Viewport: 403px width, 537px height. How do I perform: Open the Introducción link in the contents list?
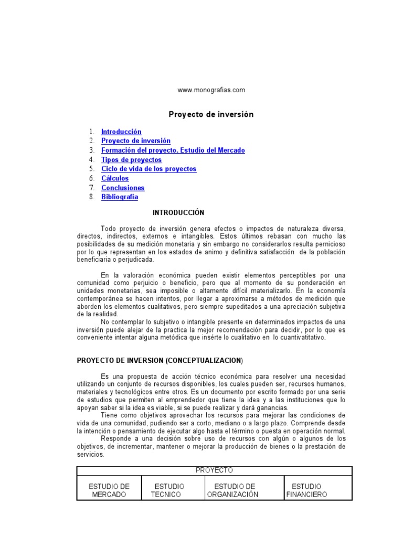point(121,132)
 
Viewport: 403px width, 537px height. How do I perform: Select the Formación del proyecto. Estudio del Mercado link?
point(173,151)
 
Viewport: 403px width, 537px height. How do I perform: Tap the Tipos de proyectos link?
point(131,160)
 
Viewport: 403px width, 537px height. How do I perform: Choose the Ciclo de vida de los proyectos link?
point(149,169)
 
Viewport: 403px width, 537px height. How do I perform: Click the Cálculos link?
point(115,178)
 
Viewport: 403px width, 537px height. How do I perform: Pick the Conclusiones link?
point(123,188)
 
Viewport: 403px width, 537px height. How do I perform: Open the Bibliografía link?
point(120,197)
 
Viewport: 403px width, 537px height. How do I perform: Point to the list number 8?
point(91,197)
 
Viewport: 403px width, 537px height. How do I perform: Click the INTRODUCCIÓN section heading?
point(178,213)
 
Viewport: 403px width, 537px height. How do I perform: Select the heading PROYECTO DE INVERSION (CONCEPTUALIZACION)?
point(160,361)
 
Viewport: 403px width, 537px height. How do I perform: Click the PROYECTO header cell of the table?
point(214,470)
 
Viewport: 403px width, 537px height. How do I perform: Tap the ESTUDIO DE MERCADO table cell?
point(109,490)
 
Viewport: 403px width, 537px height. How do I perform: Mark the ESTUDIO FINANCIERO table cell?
point(307,490)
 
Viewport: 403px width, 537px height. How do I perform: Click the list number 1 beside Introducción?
point(91,132)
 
